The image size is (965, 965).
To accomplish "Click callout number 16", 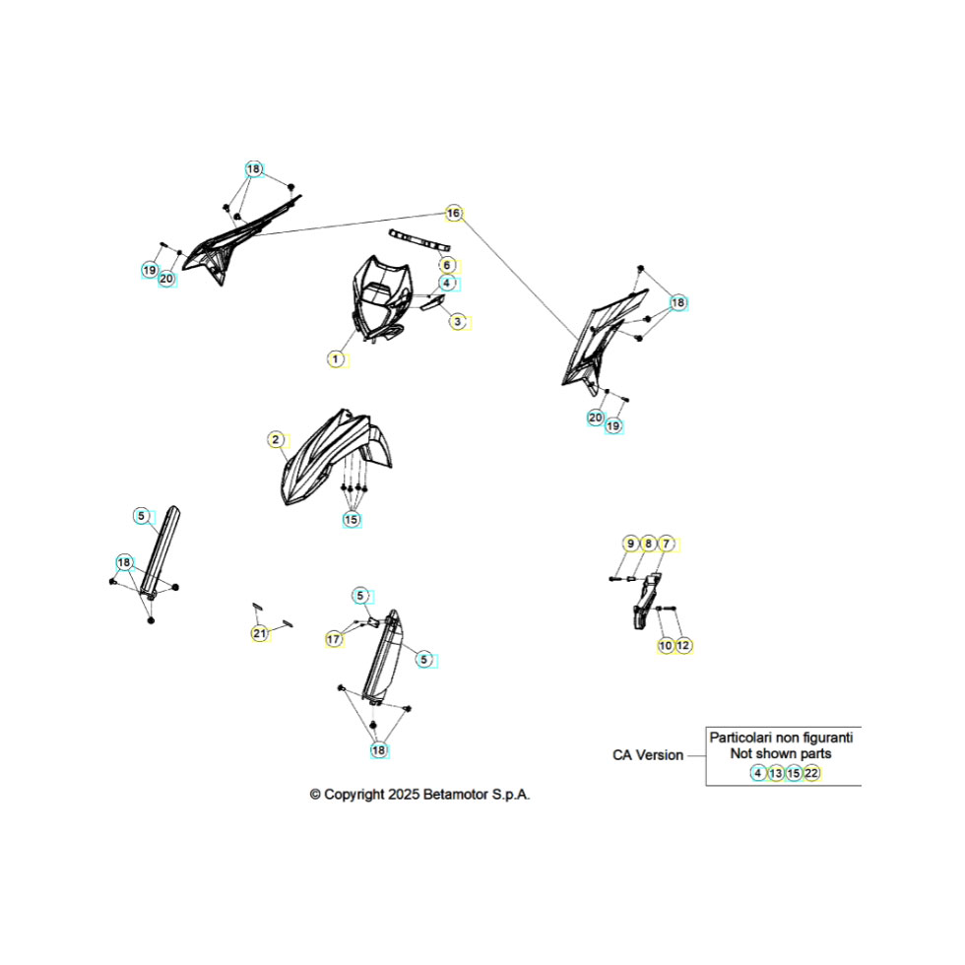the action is (x=454, y=213).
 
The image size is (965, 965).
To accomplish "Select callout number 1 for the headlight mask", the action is (x=336, y=359).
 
